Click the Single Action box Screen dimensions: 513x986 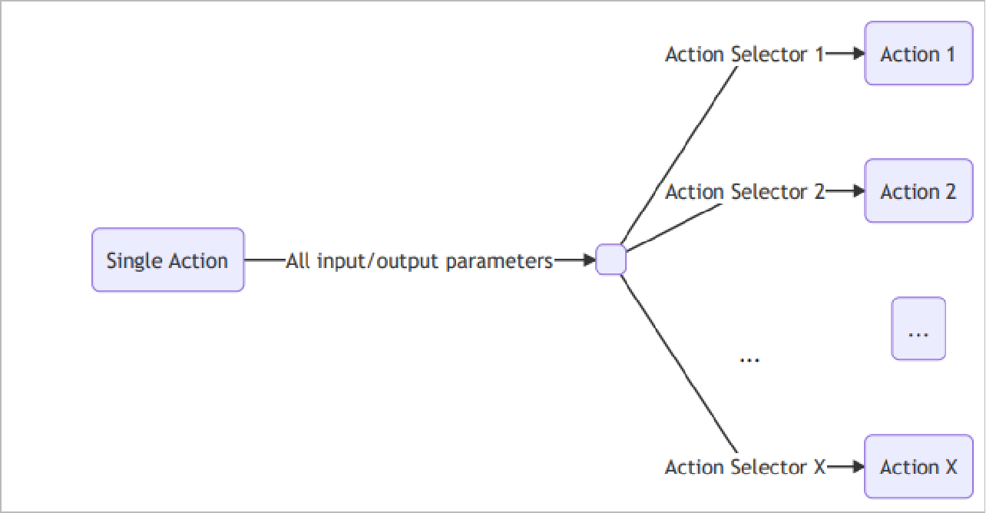click(x=167, y=260)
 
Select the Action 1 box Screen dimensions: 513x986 click(x=918, y=54)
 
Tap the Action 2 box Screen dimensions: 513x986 click(x=918, y=191)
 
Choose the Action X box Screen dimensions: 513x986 click(x=918, y=467)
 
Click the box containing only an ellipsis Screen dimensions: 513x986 click(x=918, y=329)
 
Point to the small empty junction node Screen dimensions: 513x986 click(x=611, y=260)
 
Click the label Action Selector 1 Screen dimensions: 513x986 click(x=743, y=55)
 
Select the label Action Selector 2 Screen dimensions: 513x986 click(x=743, y=192)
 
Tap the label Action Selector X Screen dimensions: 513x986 click(x=743, y=467)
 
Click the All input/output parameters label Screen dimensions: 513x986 click(x=419, y=261)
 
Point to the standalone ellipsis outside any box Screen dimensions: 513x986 click(x=749, y=357)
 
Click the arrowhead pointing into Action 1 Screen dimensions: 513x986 click(x=859, y=54)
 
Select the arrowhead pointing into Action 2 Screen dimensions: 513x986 click(x=859, y=191)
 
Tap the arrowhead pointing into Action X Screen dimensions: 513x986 click(x=859, y=467)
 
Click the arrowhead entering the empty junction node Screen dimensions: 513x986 click(x=589, y=260)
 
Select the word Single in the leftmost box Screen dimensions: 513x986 click(x=127, y=260)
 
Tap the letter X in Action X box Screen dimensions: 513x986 click(x=950, y=467)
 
